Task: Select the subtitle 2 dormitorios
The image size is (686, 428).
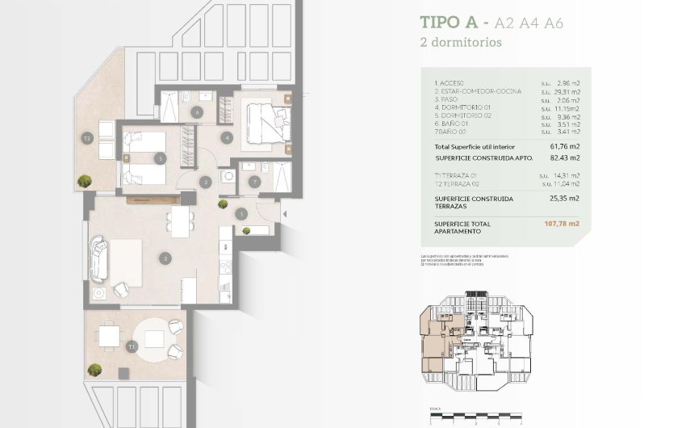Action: click(461, 42)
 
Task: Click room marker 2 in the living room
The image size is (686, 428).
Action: click(165, 259)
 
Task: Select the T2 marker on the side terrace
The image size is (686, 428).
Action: click(87, 138)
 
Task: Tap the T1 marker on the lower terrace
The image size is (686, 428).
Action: click(131, 346)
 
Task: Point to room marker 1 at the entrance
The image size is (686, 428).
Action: click(242, 214)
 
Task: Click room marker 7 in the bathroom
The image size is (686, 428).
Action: click(255, 183)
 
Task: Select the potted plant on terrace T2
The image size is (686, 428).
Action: click(84, 181)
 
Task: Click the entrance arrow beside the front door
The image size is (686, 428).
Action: click(282, 213)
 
